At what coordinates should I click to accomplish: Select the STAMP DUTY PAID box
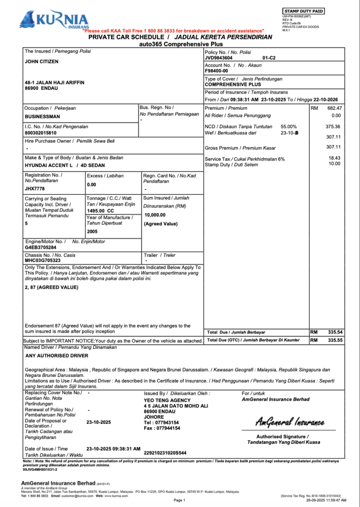point(304,11)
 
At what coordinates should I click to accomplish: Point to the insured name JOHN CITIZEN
point(42,61)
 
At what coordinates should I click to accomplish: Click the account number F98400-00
point(216,71)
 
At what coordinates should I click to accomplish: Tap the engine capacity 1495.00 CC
point(100,211)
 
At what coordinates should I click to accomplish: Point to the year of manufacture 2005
point(93,231)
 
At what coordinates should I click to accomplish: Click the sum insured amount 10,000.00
point(155,215)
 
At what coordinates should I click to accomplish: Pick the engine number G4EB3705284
point(41,247)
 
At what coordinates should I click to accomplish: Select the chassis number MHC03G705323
point(43,260)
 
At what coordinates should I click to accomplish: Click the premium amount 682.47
point(334,108)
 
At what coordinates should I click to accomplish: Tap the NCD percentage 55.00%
point(289,127)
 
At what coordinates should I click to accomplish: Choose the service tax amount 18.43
point(334,159)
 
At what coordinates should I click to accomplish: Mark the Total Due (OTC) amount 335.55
point(336,340)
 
